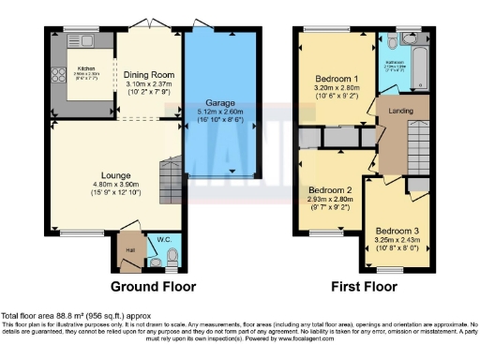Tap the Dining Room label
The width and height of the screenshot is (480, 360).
click(x=151, y=75)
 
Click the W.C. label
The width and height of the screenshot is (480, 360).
click(x=163, y=236)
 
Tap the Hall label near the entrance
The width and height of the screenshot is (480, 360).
click(x=130, y=248)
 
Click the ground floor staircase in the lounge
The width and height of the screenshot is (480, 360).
click(x=170, y=178)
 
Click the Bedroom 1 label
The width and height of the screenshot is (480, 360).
click(x=334, y=78)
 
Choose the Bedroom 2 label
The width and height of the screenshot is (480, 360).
click(x=329, y=190)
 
